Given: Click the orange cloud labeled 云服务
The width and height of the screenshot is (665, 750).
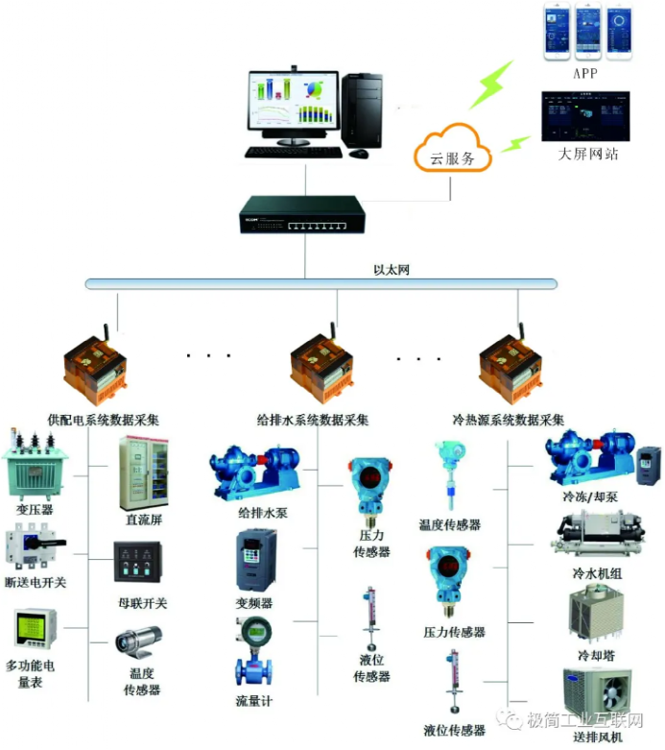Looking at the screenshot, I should [x=451, y=152].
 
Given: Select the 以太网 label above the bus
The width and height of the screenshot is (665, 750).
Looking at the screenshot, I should [x=392, y=270].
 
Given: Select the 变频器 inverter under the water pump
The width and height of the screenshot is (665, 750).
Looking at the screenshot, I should [x=255, y=561].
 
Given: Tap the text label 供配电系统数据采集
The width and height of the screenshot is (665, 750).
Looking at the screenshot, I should [x=104, y=421].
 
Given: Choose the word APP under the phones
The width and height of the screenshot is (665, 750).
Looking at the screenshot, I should [x=586, y=72].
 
